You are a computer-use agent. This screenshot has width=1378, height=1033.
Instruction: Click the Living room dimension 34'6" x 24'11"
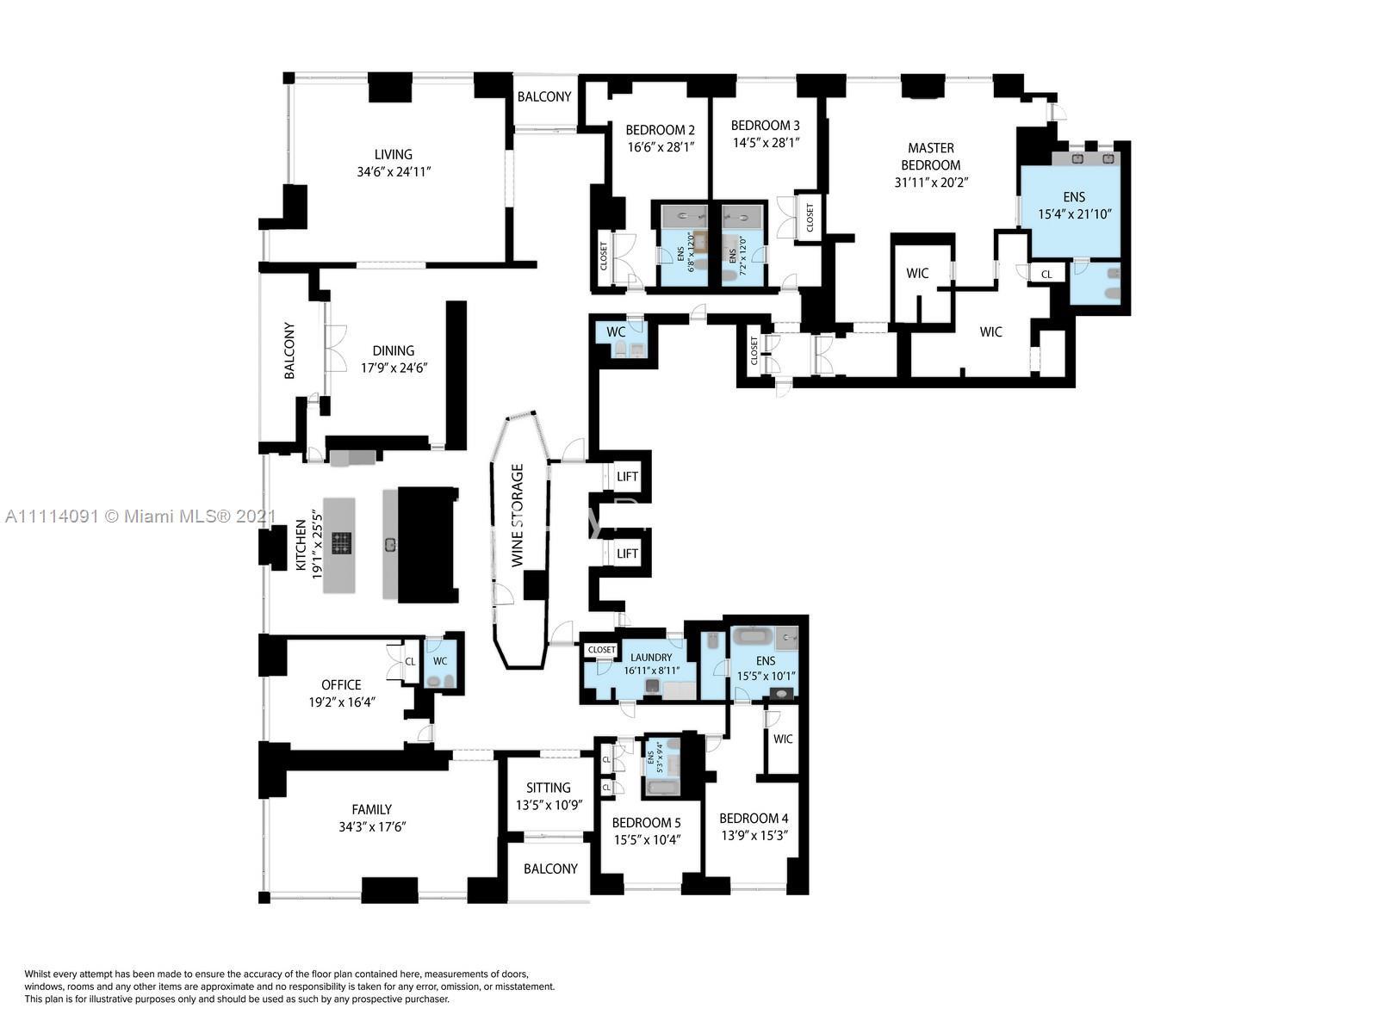pyautogui.click(x=394, y=172)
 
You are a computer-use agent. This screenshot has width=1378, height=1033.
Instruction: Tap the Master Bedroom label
pyautogui.click(x=930, y=157)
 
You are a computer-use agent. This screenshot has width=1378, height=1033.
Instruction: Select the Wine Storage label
pyautogui.click(x=518, y=515)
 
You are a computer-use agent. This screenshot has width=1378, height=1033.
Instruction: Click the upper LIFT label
pyautogui.click(x=627, y=477)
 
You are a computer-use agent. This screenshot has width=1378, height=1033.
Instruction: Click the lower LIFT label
pyautogui.click(x=627, y=554)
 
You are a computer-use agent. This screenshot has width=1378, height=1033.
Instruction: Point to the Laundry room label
pyautogui.click(x=651, y=658)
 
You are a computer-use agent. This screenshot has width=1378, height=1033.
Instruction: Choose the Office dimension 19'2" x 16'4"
pyautogui.click(x=341, y=702)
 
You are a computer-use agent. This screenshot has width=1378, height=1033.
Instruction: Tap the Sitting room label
pyautogui.click(x=549, y=788)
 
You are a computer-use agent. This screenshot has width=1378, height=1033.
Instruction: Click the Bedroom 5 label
pyautogui.click(x=647, y=823)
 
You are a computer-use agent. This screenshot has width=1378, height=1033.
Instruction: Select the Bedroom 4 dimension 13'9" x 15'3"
pyautogui.click(x=754, y=836)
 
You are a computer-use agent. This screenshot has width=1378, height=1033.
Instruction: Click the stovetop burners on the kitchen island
pyautogui.click(x=342, y=543)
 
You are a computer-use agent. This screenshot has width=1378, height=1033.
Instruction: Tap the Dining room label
pyautogui.click(x=394, y=350)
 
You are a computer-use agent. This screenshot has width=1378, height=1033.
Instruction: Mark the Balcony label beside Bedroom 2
pyautogui.click(x=543, y=96)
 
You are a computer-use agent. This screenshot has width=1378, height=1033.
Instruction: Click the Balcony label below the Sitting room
pyautogui.click(x=550, y=869)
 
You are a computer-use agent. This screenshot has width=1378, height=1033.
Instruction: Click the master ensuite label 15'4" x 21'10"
pyautogui.click(x=1073, y=214)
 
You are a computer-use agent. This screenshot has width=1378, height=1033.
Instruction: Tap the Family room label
pyautogui.click(x=371, y=809)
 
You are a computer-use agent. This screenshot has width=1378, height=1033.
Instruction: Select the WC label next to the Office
pyautogui.click(x=440, y=661)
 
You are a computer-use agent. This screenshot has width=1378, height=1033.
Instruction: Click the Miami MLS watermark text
pyautogui.click(x=140, y=516)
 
